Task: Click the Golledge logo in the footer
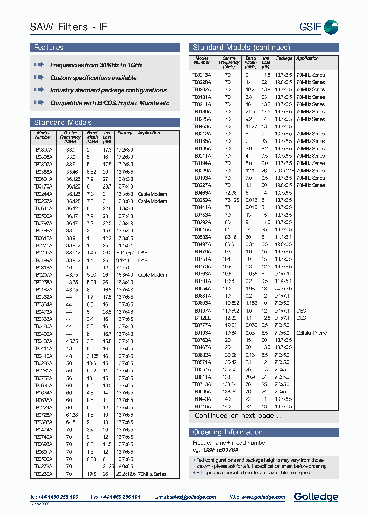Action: click(x=316, y=497)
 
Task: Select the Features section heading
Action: click(x=49, y=48)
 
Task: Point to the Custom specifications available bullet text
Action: click(x=93, y=78)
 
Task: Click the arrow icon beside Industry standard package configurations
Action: click(x=39, y=90)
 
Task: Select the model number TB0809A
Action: click(x=43, y=150)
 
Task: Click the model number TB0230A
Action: click(x=43, y=474)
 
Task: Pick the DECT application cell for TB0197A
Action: click(x=302, y=311)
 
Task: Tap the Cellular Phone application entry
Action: click(x=311, y=333)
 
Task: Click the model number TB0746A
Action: click(x=201, y=407)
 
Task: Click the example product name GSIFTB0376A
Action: click(x=221, y=450)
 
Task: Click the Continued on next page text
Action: click(x=237, y=416)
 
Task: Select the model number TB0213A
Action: click(x=201, y=75)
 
